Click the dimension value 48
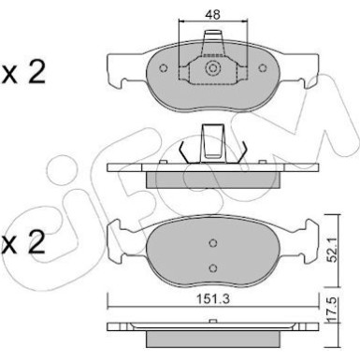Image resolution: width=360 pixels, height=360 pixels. (x=214, y=14)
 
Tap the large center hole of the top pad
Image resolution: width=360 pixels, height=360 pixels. (x=214, y=69)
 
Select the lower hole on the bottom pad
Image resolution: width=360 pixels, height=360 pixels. (x=213, y=267)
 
